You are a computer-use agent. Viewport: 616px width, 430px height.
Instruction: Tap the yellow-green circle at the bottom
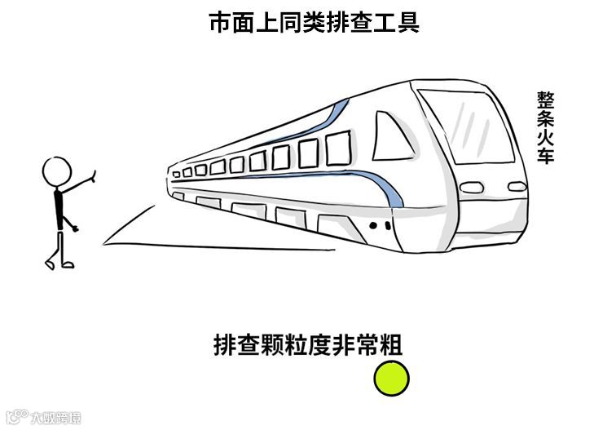(x=391, y=379)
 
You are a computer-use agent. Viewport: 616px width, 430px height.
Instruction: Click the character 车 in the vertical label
(x=545, y=155)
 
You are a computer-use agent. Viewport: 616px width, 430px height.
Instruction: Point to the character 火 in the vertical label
(x=545, y=136)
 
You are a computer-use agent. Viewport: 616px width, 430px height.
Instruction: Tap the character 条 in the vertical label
(x=545, y=118)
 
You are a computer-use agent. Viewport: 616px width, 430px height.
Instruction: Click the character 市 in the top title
(x=220, y=23)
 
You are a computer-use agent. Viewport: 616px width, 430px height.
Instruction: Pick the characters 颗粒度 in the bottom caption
(x=290, y=345)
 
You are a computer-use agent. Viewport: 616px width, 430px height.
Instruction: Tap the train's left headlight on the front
(x=471, y=188)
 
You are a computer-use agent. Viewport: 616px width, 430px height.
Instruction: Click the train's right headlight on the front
(x=517, y=187)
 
